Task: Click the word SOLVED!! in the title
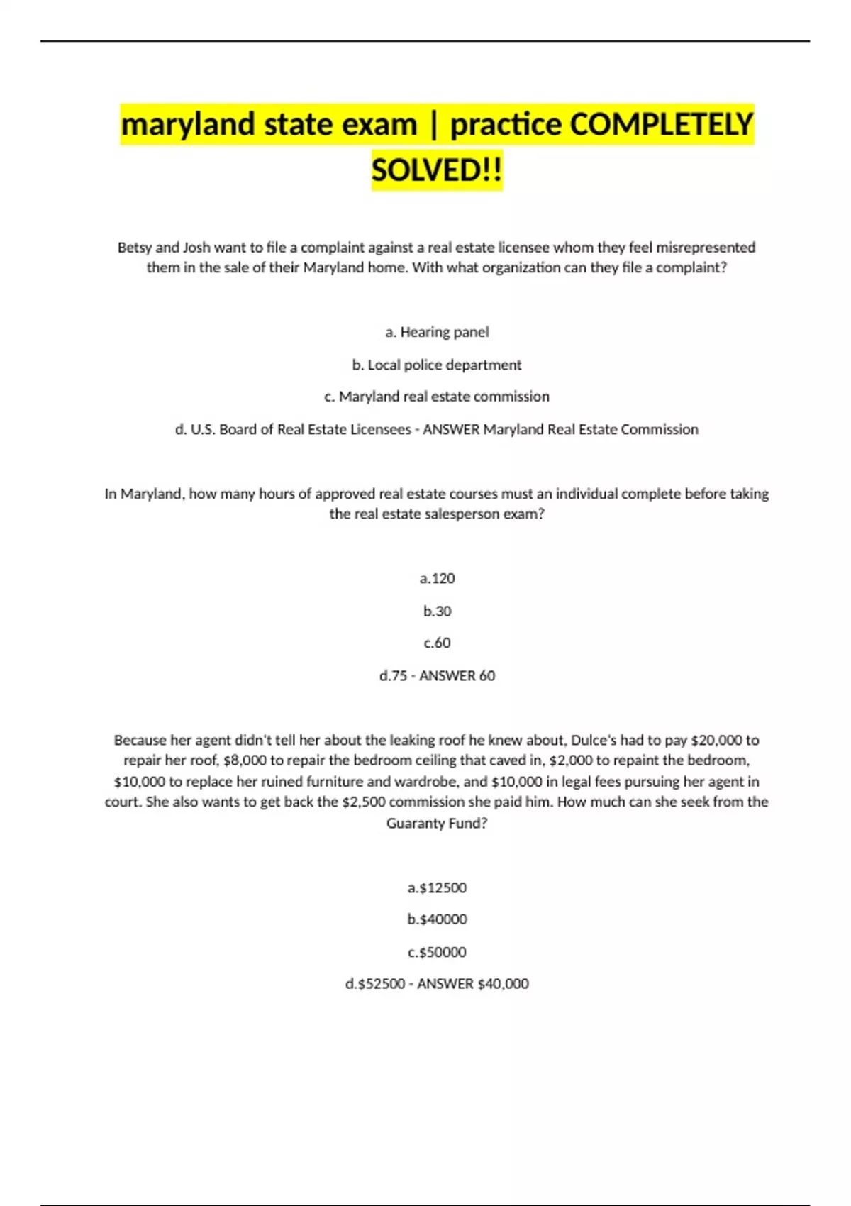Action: [x=437, y=170]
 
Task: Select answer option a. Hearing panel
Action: [x=437, y=332]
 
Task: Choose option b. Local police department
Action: [x=437, y=365]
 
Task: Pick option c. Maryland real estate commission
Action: [x=437, y=397]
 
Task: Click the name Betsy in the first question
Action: [x=135, y=248]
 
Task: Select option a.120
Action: [x=437, y=579]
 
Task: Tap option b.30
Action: [x=437, y=611]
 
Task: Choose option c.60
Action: [x=437, y=643]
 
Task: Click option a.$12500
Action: [x=437, y=887]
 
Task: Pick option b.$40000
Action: [x=437, y=919]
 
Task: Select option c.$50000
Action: [x=437, y=952]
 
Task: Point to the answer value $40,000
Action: [x=504, y=984]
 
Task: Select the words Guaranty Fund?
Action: [x=437, y=824]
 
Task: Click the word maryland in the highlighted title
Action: [x=188, y=125]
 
